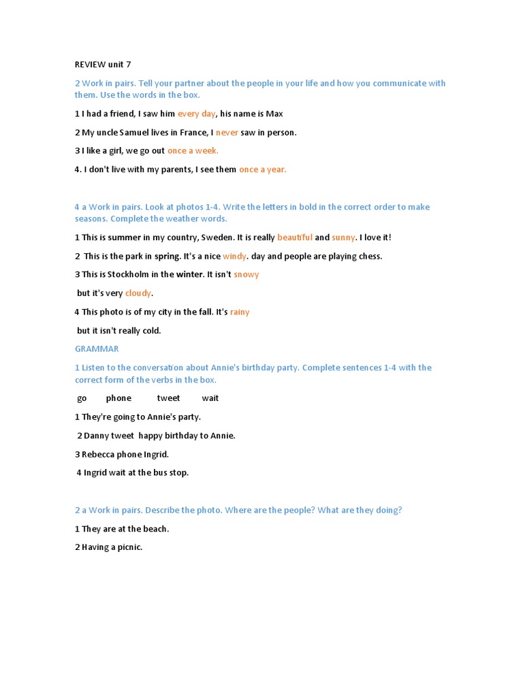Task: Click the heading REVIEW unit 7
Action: point(102,65)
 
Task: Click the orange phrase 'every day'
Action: point(196,114)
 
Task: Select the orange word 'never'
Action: point(227,133)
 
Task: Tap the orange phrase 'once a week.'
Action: point(193,151)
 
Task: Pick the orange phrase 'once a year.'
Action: point(263,169)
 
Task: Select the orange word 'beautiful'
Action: point(295,238)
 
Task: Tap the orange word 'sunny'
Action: point(343,238)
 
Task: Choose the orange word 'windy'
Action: point(235,257)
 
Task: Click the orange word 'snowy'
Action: point(246,275)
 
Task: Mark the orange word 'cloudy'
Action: point(138,293)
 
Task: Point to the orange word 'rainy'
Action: point(240,312)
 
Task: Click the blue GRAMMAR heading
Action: point(97,349)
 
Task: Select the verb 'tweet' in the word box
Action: point(168,398)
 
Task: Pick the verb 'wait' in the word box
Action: point(210,398)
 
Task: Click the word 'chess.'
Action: point(370,257)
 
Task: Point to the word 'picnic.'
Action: point(129,547)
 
